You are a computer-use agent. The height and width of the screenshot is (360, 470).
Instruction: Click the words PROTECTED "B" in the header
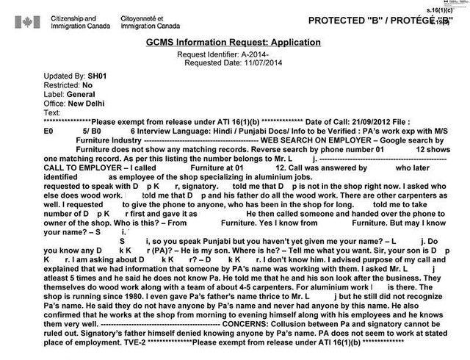coord(352,20)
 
